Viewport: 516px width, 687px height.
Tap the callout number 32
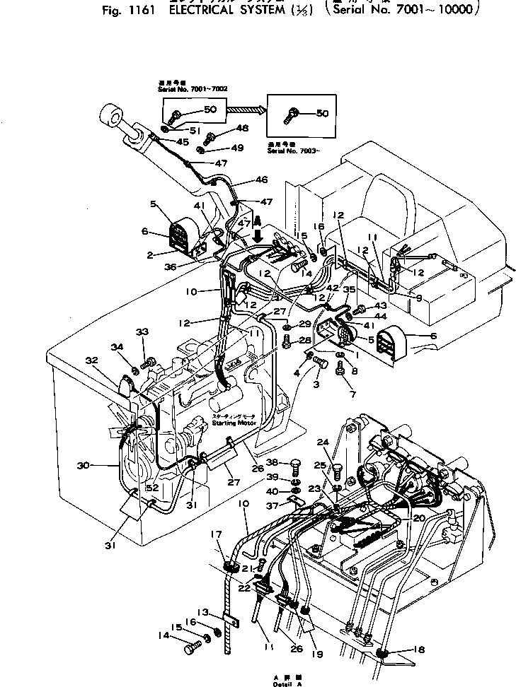click(x=91, y=360)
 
